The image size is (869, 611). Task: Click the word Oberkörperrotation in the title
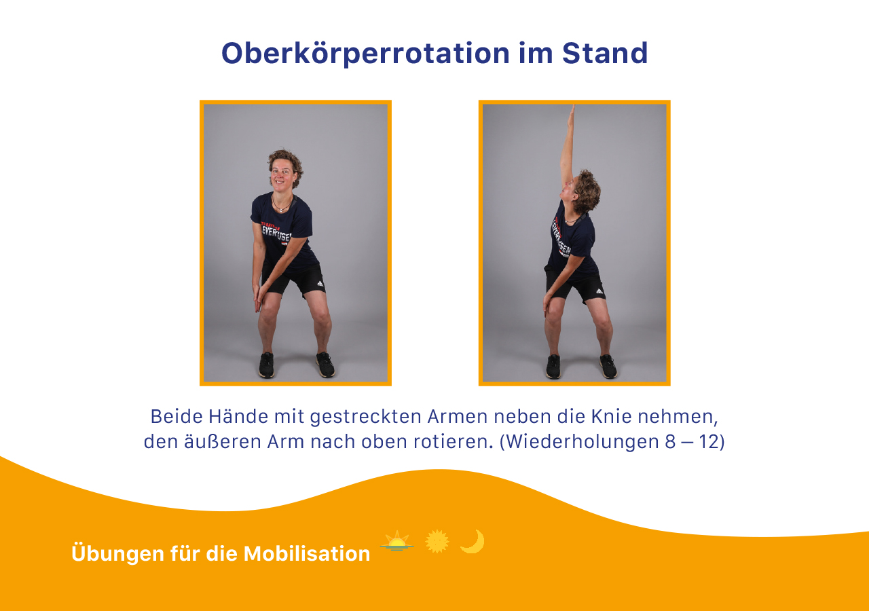point(365,54)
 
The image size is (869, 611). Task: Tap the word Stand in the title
point(605,53)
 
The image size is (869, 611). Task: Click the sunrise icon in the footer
point(397,541)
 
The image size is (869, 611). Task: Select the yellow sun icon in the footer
point(437,541)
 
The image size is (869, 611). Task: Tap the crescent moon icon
point(473,541)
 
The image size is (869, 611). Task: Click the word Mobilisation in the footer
point(307,553)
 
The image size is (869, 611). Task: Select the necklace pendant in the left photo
point(280,210)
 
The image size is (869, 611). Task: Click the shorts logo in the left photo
point(320,284)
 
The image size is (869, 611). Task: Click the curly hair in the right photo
point(587,191)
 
